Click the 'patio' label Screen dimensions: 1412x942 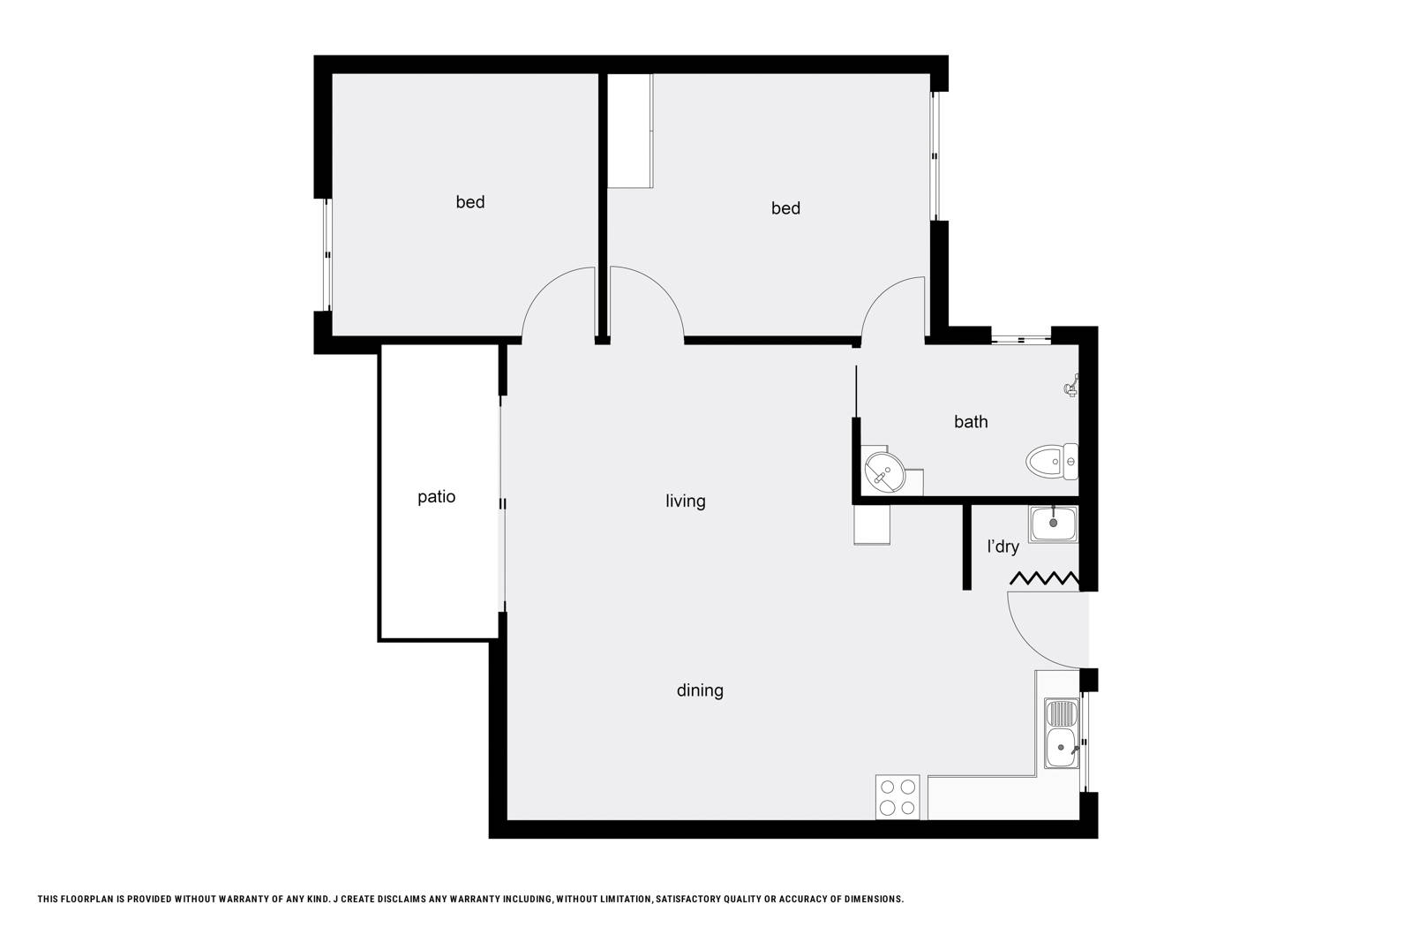click(x=436, y=497)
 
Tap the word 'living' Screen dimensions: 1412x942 click(x=685, y=501)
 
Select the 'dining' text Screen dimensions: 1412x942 click(x=700, y=691)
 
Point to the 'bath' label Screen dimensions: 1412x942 click(x=971, y=422)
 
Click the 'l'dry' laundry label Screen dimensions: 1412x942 click(x=1003, y=546)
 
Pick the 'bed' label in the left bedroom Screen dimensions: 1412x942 click(x=470, y=202)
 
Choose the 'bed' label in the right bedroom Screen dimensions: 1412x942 click(x=785, y=208)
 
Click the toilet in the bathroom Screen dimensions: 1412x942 click(x=1052, y=463)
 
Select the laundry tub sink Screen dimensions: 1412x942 click(x=1054, y=524)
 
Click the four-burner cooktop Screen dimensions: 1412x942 click(x=898, y=797)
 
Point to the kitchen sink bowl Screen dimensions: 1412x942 click(x=1062, y=748)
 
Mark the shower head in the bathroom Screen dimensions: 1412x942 click(x=1071, y=385)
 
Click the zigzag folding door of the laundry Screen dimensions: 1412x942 click(x=1045, y=579)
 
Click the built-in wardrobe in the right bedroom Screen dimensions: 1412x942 click(x=630, y=132)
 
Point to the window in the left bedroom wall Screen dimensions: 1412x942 click(x=327, y=255)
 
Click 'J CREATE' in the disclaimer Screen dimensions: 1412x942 click(x=357, y=899)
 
